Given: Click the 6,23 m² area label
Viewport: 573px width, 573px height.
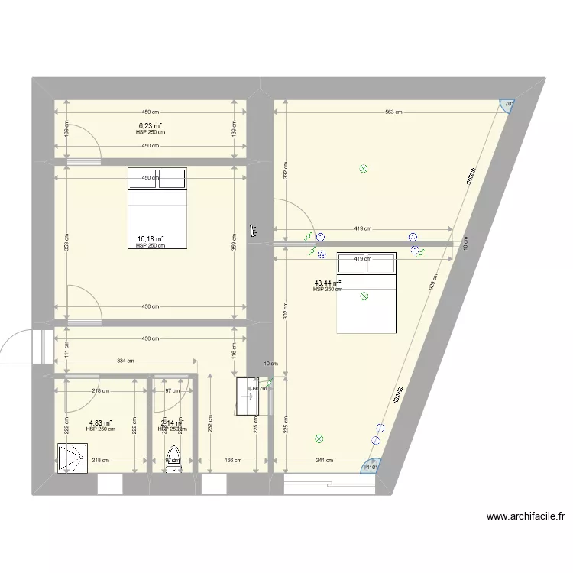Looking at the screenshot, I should [x=150, y=126].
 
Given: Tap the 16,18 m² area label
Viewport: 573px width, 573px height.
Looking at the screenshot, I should [x=150, y=239].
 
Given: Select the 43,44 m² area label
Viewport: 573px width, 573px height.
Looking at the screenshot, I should [x=327, y=283].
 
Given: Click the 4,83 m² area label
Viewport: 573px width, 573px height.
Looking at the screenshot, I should [x=100, y=422].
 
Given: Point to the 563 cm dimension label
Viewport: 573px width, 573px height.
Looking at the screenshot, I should [x=393, y=112].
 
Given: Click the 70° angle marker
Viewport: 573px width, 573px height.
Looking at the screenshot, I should [x=508, y=106].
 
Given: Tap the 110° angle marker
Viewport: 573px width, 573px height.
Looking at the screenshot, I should [x=372, y=467].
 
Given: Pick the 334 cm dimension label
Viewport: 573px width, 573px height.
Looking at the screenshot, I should [x=126, y=361].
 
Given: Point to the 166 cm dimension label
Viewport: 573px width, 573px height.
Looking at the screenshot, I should [x=233, y=460].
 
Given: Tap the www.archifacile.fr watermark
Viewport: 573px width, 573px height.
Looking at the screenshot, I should [x=526, y=516].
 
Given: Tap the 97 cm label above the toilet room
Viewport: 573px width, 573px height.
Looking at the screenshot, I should [x=170, y=390].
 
